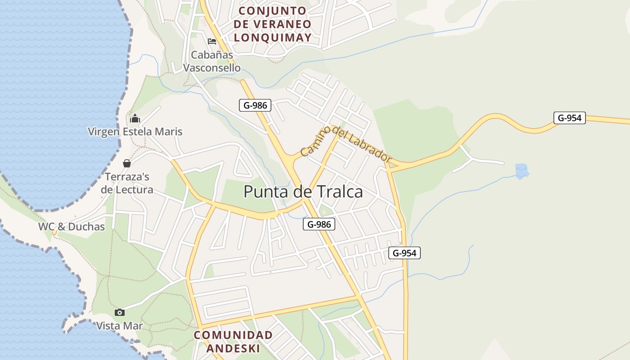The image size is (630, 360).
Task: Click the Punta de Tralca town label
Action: point(303,192)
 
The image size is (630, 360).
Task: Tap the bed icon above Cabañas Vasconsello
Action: point(212,41)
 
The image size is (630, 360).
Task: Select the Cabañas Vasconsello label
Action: point(212,61)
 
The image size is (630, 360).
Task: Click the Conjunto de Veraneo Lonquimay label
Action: point(273,24)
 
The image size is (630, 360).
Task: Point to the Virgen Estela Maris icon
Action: point(135,119)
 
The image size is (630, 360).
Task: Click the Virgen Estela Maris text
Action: point(135,131)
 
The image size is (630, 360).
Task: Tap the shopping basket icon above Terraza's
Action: point(127,163)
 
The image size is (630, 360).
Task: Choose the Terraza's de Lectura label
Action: point(127,183)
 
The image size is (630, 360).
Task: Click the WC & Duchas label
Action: point(71,226)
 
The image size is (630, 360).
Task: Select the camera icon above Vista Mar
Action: point(119,312)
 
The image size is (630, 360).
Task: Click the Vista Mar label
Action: point(119,326)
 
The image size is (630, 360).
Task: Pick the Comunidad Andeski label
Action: point(233,342)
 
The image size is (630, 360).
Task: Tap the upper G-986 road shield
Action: point(255,106)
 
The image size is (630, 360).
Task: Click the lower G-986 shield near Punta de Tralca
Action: point(319,224)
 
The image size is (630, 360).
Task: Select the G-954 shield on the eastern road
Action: point(569,118)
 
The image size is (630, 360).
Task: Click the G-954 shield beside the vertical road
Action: point(404,253)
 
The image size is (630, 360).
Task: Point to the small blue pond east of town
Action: point(522,171)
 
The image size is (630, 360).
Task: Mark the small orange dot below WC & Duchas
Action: point(54,233)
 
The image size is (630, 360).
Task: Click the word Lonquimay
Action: point(273,38)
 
